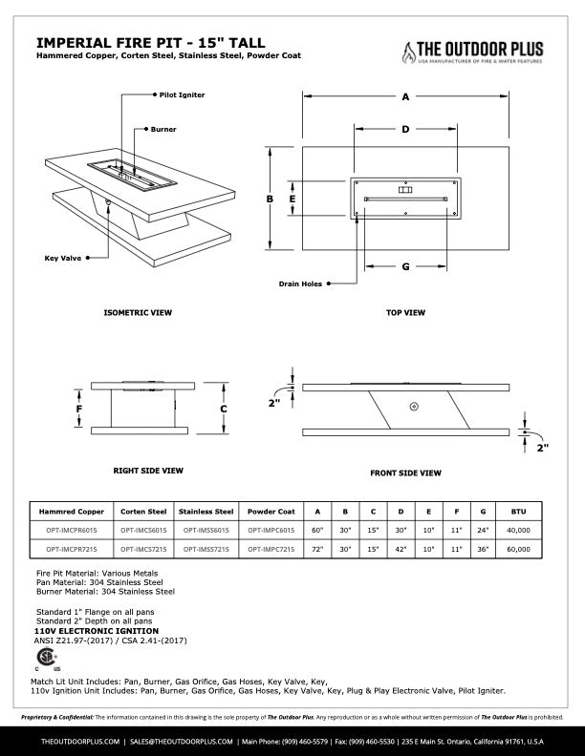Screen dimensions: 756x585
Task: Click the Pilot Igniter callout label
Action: coord(182,95)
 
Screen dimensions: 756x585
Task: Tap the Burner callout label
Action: coord(163,129)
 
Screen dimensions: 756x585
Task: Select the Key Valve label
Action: coord(63,258)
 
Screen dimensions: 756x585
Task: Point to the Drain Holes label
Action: coord(300,283)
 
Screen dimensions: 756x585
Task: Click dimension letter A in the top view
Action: coord(405,96)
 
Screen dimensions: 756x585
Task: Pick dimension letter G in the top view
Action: coord(405,266)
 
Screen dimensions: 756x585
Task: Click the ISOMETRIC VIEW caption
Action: coord(138,312)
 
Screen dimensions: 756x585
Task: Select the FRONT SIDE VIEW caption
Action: coord(405,472)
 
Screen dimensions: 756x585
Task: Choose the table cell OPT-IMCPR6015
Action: coord(71,529)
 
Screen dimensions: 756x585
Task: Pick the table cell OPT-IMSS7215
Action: coord(205,550)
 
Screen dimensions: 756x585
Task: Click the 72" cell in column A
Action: coord(318,550)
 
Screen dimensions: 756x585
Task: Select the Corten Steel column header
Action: coord(143,511)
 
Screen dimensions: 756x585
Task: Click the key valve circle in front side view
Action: coord(413,407)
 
